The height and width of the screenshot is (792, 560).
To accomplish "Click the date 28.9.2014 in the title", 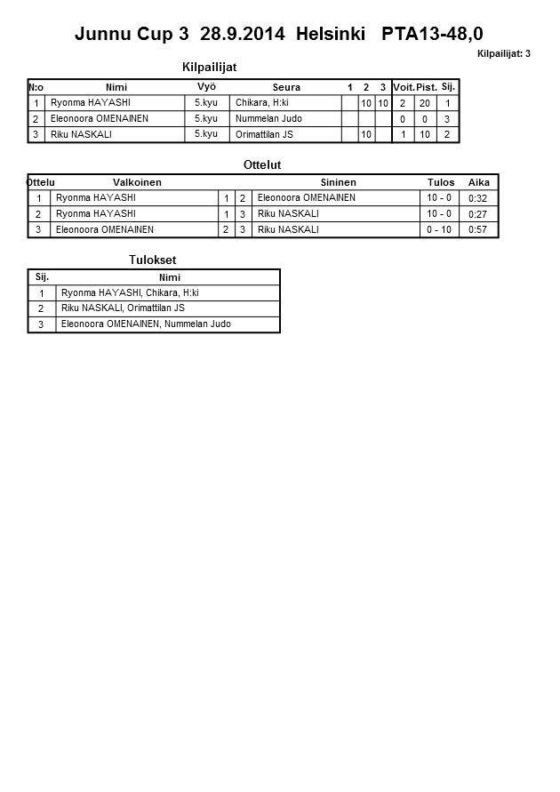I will [x=243, y=35].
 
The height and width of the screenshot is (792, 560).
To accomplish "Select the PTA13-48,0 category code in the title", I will [x=432, y=35].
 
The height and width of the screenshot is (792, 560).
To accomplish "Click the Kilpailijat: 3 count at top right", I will [x=503, y=54].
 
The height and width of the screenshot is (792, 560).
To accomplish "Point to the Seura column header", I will [x=286, y=87].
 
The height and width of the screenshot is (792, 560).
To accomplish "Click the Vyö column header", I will [x=206, y=87].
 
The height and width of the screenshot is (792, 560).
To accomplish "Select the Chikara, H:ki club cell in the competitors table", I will [x=262, y=103].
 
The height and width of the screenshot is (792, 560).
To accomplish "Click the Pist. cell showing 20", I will [x=426, y=103].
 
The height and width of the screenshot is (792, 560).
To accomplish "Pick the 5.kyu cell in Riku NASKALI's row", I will [x=205, y=134].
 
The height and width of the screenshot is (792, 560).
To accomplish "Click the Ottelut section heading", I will [x=262, y=165].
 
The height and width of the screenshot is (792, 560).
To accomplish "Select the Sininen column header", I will [x=338, y=182].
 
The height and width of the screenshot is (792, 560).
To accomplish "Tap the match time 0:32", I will [x=478, y=198].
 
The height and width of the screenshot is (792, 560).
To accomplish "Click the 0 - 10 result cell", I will [x=439, y=229].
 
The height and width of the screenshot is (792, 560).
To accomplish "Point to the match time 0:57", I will [x=478, y=229].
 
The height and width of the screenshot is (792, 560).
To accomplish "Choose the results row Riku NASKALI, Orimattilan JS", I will [x=123, y=308].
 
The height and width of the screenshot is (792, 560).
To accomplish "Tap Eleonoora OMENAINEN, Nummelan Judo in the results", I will [x=146, y=324].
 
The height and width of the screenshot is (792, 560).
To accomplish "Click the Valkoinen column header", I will [x=137, y=182].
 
